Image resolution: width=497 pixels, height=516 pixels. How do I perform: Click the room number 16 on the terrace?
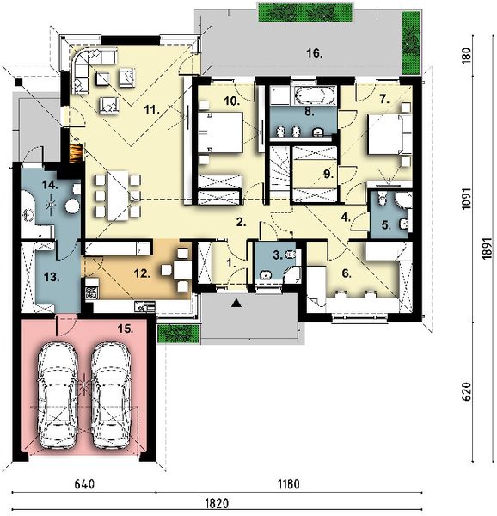pyautogui.click(x=313, y=53)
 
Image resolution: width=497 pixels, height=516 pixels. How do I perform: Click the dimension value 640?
pyautogui.click(x=83, y=484)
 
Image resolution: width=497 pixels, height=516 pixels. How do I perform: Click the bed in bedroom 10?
pyautogui.click(x=224, y=132)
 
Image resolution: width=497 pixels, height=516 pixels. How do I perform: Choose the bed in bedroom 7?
pyautogui.click(x=384, y=132)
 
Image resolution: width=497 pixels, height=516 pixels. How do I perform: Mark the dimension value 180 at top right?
pyautogui.click(x=464, y=57)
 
